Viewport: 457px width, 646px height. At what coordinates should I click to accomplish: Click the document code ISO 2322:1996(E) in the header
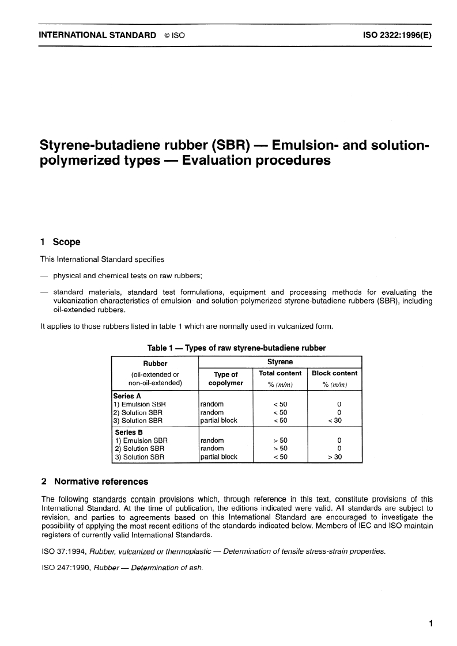[x=397, y=35]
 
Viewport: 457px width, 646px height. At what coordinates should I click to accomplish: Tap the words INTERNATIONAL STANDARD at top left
[x=97, y=35]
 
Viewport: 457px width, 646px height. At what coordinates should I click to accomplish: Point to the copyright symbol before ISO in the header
[x=167, y=35]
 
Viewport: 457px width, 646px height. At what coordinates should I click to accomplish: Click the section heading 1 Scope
[x=61, y=242]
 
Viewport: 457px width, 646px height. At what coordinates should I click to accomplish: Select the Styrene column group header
[x=280, y=362]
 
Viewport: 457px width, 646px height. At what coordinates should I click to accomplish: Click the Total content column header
[x=280, y=373]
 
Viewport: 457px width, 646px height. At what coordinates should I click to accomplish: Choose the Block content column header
[x=334, y=373]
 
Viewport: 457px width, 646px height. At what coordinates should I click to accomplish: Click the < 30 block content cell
[x=335, y=420]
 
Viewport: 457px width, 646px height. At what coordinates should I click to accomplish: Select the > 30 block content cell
[x=335, y=457]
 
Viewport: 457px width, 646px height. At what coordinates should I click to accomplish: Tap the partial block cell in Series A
[x=218, y=420]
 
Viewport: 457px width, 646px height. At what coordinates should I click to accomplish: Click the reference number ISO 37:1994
[x=61, y=551]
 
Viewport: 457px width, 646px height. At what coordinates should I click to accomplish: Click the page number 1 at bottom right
[x=431, y=624]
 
